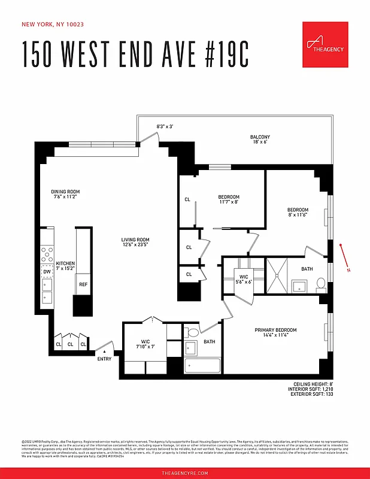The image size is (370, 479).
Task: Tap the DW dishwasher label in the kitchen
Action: (47, 272)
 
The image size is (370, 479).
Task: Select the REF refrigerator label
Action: (83, 284)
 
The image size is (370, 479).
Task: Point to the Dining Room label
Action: (65, 194)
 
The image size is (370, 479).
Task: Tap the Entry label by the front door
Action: (104, 359)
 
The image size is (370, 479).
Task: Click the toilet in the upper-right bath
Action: (320, 283)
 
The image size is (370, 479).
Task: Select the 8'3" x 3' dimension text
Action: (165, 126)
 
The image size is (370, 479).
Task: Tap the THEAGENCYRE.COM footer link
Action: (185, 473)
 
